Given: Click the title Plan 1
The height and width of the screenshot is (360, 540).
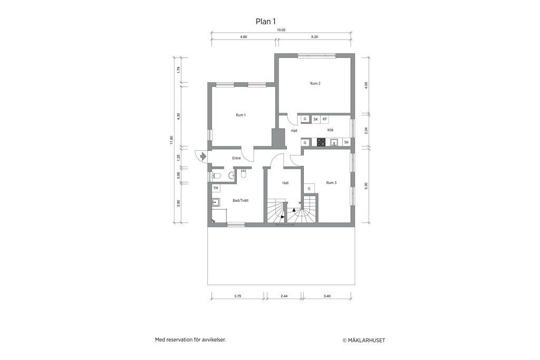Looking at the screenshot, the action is point(266,22).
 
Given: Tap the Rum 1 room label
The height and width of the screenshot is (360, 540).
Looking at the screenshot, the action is point(240,115).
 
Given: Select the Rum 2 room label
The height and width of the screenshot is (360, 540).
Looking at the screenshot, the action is point(315,83).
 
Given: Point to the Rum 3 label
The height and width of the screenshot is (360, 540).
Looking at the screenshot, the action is point(331,183).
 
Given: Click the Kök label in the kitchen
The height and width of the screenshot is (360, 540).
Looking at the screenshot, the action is point(330,130).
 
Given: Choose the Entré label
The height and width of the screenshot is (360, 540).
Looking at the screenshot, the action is point(236,158).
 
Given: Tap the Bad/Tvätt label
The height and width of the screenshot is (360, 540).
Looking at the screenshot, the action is point(240,200).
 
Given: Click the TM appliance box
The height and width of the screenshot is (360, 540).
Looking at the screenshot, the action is point(216,188).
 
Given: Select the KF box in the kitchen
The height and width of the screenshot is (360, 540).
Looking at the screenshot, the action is point(325,119).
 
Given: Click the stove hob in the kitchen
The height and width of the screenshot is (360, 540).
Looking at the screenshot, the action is point(321,142).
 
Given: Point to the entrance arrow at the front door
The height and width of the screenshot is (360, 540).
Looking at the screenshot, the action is point(202,156).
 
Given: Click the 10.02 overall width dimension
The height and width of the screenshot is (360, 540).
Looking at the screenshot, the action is point(282,30).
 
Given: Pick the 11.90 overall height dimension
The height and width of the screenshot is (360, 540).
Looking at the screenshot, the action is point(171,140).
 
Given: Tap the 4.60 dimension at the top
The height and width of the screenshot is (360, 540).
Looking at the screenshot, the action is point(244,37).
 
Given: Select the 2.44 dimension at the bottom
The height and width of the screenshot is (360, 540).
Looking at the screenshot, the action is point(284,296).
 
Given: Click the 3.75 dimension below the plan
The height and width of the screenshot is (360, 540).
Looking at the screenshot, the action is point(238,296).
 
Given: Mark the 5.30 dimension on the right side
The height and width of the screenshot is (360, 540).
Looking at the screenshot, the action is point(366,186).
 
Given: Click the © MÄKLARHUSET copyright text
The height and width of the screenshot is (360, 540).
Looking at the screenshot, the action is point(364,340).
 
